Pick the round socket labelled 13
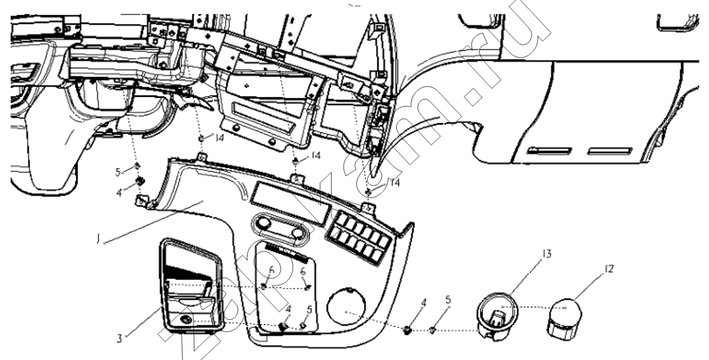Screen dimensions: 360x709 pos(495,319)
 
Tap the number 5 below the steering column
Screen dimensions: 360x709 pos(117,170)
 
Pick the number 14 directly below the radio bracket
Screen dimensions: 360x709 pos(315,154)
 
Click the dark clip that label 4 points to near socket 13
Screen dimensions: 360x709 pos(408,329)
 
